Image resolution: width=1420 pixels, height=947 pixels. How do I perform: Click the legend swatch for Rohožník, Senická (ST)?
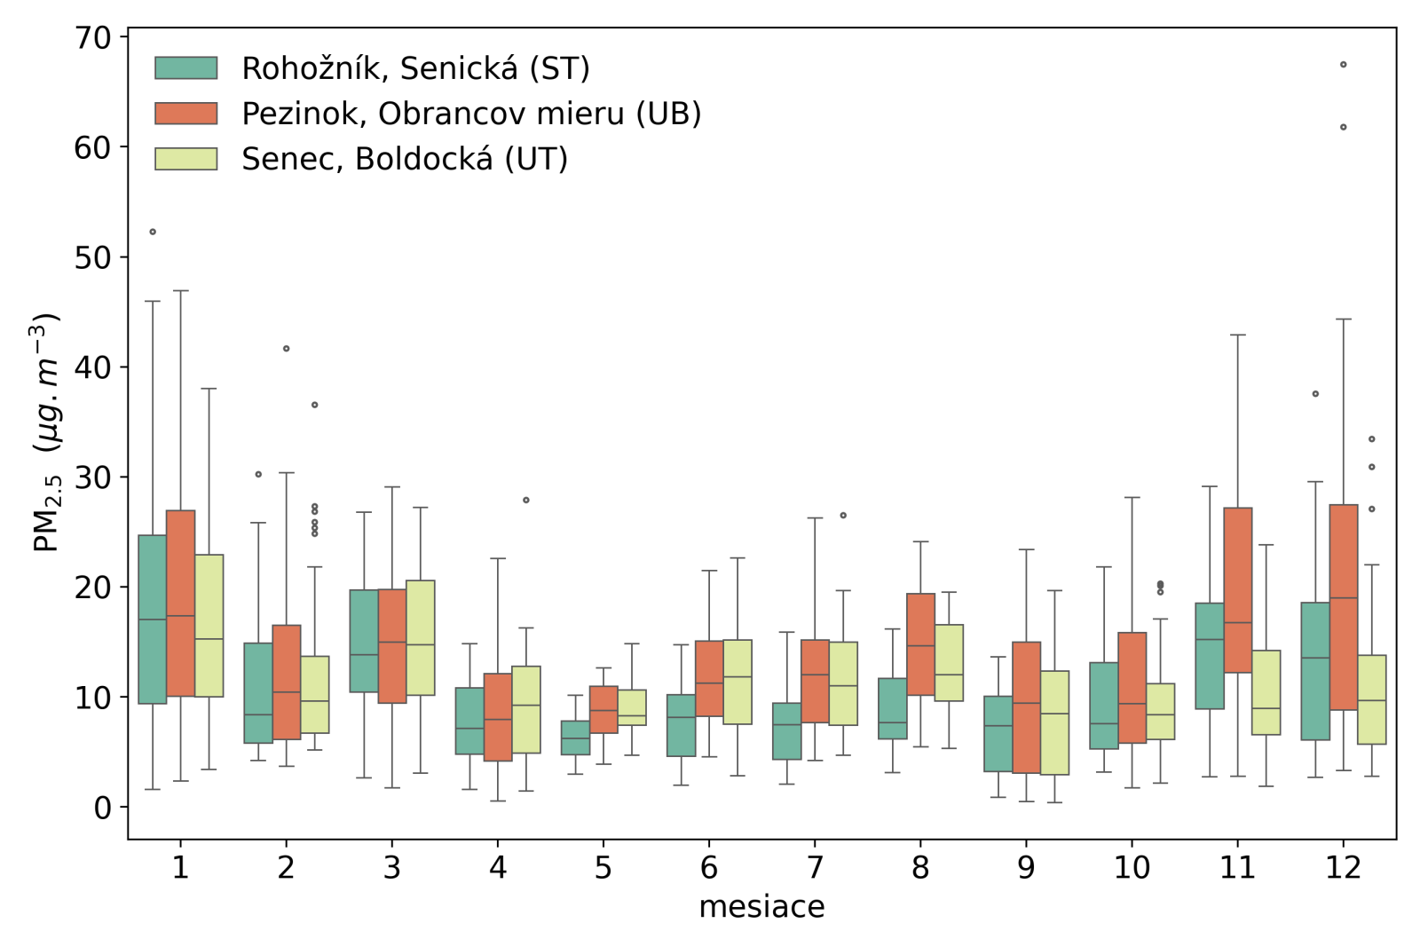tap(185, 68)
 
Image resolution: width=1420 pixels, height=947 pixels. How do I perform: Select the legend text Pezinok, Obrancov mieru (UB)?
tap(471, 114)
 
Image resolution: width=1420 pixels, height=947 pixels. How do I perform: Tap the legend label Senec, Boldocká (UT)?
tap(405, 159)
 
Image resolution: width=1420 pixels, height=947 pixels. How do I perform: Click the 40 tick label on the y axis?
tap(93, 367)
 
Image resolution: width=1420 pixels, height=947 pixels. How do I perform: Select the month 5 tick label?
tap(603, 867)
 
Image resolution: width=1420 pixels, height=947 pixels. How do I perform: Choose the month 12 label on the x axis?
tap(1343, 867)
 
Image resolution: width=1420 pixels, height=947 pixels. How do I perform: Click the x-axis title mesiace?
tap(761, 907)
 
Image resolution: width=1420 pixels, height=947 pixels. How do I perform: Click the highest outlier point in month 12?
tap(1344, 65)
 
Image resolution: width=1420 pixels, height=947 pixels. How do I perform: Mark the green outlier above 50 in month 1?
tap(153, 232)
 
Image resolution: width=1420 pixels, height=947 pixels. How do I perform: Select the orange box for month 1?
tap(181, 604)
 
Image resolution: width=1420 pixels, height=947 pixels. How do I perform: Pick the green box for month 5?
tap(575, 738)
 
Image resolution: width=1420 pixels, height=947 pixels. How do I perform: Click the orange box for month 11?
tap(1238, 590)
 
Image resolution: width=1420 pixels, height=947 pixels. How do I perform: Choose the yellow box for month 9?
tap(1054, 722)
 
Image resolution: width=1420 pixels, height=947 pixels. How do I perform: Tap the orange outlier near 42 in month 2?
tap(286, 349)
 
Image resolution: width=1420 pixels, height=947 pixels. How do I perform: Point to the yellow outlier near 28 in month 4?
tap(526, 501)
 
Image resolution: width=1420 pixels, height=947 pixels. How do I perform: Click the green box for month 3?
tap(364, 641)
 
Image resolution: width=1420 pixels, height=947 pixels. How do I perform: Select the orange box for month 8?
tap(920, 644)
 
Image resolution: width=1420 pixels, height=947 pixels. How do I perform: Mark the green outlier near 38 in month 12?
tap(1315, 394)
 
